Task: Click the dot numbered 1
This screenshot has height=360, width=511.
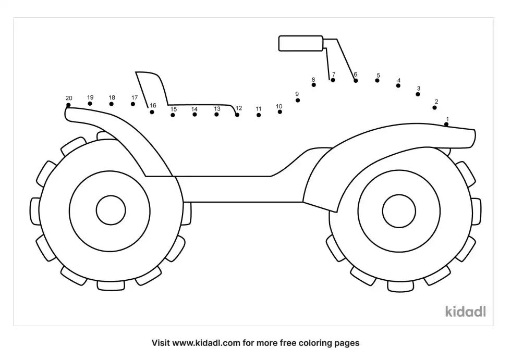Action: coord(447,125)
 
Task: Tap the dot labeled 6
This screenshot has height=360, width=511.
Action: coord(356,81)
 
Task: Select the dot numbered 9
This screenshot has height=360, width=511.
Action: coord(298,100)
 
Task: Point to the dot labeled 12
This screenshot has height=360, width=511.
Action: coord(237,115)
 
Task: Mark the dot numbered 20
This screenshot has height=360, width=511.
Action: coord(68,105)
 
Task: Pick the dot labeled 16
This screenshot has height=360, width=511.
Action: coord(152,112)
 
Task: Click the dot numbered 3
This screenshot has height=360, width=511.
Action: coord(418,94)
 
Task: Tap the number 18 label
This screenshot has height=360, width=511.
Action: coord(112,97)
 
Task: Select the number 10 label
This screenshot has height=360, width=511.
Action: coord(279,106)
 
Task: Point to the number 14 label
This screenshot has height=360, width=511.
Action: coord(194,109)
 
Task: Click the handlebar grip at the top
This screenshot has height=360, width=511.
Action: coord(301,43)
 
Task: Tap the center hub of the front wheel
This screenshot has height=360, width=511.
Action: coord(398,211)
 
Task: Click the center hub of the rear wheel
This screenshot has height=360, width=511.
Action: coord(111,210)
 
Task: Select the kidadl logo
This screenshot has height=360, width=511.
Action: coord(466,311)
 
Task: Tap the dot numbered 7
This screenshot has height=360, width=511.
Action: coord(332,80)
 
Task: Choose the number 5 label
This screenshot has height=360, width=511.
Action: coord(378,75)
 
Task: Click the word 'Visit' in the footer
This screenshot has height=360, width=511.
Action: coord(162,343)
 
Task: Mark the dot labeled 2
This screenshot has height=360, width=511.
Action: coord(434,108)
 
